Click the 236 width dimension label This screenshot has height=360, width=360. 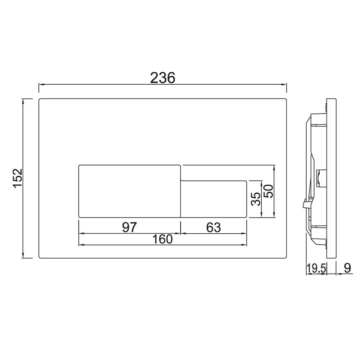pyautogui.click(x=163, y=78)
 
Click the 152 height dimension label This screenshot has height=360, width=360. pyautogui.click(x=17, y=178)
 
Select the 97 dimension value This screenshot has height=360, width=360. pyautogui.click(x=130, y=227)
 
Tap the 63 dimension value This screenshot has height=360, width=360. pyautogui.click(x=213, y=227)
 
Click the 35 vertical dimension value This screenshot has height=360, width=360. pyautogui.click(x=256, y=199)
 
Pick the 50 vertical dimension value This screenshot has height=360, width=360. pyautogui.click(x=268, y=191)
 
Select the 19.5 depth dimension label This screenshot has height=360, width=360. pyautogui.click(x=316, y=268)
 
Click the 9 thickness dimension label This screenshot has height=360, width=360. pyautogui.click(x=347, y=268)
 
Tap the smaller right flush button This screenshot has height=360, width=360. pyautogui.click(x=213, y=199)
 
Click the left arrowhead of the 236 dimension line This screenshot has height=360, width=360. pyautogui.click(x=41, y=85)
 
